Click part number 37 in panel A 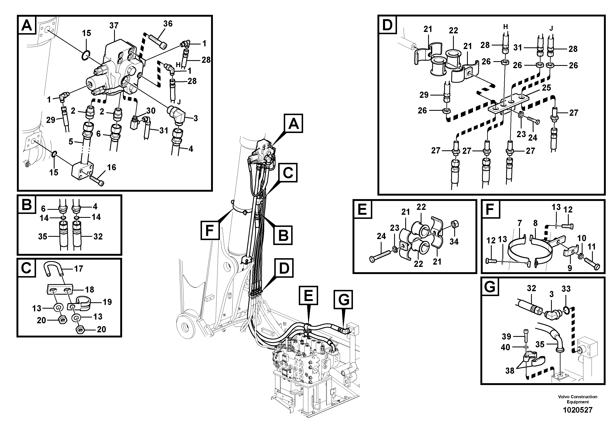114,26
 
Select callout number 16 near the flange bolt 112,167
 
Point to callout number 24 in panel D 533,138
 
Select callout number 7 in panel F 519,223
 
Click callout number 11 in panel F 592,247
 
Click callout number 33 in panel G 566,289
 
